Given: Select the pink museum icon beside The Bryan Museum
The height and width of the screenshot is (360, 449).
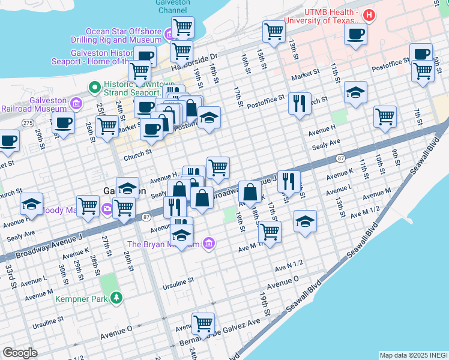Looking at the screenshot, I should [x=208, y=244].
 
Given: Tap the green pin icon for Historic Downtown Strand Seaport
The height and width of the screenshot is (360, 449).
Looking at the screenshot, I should [x=94, y=88].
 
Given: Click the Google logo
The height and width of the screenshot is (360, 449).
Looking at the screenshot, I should [x=20, y=353].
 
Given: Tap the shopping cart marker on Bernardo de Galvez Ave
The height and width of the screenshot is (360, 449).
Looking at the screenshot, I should [x=203, y=323].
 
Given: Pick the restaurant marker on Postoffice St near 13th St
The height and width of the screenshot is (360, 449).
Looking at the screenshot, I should [x=299, y=103].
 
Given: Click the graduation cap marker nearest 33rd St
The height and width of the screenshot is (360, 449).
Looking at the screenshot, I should [x=31, y=204].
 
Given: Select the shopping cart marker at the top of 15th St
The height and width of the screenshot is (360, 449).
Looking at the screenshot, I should [x=274, y=31].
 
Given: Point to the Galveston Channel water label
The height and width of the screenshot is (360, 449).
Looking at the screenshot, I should [x=173, y=7].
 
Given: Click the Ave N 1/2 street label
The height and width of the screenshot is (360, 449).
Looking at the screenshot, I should [x=289, y=268].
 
